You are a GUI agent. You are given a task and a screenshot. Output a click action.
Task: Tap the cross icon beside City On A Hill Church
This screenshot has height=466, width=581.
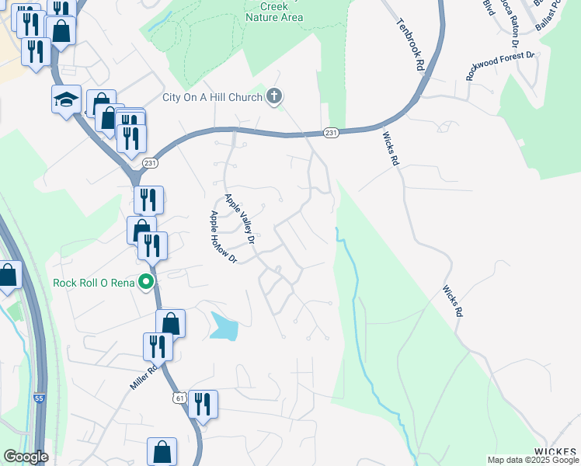click(x=273, y=97)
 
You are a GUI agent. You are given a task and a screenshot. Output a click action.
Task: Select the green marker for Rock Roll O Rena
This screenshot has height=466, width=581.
click(x=145, y=282)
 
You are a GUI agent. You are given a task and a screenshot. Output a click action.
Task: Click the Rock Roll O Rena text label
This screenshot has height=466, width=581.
click(x=94, y=283)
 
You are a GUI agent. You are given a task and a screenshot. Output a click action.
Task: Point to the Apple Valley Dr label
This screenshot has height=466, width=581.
click(x=240, y=220)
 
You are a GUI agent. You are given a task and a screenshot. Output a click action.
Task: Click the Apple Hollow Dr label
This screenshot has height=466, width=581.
click(x=221, y=233)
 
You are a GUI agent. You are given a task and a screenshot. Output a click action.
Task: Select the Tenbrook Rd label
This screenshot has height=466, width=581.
click(x=409, y=46)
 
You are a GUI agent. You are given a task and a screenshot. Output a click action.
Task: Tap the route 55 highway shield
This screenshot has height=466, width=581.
click(x=39, y=398)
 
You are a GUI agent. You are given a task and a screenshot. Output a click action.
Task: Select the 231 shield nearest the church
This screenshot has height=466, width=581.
click(x=332, y=134)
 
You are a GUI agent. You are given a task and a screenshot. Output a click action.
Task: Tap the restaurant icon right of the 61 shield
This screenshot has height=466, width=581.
click(x=202, y=404)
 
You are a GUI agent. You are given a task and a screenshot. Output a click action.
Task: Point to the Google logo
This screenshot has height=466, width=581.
click(x=26, y=457)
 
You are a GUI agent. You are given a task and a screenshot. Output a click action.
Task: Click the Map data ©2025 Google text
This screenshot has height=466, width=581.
click(x=533, y=460)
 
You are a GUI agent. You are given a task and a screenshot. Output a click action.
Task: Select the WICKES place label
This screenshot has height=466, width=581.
click(x=557, y=451)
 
